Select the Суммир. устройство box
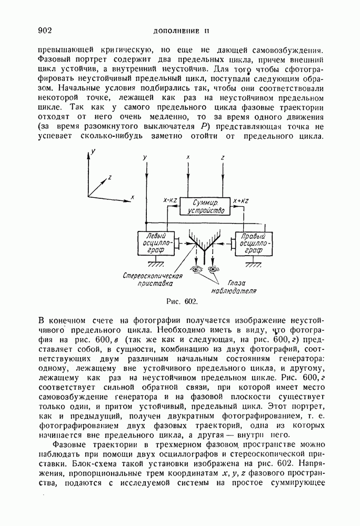tap(206, 206)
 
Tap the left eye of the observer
tap(197, 270)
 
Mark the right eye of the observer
tap(213, 270)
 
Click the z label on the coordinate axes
tap(109, 177)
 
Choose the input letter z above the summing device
tap(223, 157)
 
